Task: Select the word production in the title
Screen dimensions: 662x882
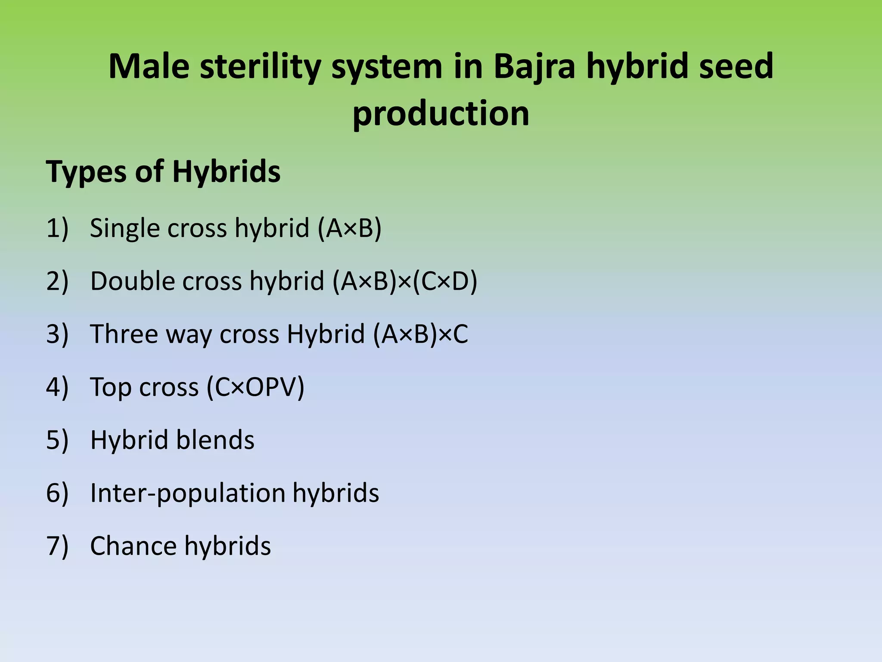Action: [441, 113]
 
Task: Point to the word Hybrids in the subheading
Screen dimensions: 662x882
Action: [227, 172]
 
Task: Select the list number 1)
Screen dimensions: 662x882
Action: [57, 228]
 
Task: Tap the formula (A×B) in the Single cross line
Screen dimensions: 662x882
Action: [349, 228]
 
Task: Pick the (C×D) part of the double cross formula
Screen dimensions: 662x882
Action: [445, 281]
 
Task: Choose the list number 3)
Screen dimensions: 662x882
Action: [57, 334]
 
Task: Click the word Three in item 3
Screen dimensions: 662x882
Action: [124, 334]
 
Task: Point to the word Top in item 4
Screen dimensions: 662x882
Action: [111, 387]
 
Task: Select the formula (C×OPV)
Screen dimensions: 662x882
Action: [255, 387]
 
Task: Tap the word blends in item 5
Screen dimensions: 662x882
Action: [215, 440]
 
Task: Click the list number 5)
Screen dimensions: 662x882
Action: [57, 440]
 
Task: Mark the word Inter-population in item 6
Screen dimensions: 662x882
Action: [188, 493]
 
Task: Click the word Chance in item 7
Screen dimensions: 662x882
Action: [133, 546]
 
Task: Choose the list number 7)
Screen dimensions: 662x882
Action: [57, 546]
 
